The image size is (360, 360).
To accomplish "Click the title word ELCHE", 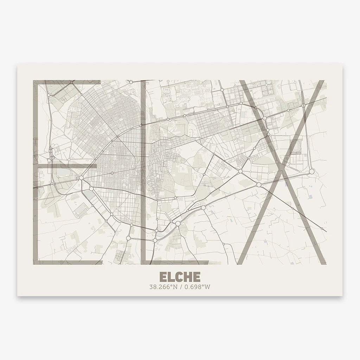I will click(x=180, y=277).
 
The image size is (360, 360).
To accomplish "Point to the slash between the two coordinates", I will click(x=180, y=287).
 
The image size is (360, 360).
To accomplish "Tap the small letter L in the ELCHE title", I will click(x=172, y=277).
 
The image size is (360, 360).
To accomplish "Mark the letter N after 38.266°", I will click(x=174, y=287).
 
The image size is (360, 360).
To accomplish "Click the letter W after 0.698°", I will click(x=208, y=287).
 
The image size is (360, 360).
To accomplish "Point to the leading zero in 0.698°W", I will click(x=186, y=287).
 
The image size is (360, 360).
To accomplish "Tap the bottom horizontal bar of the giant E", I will click(x=67, y=262).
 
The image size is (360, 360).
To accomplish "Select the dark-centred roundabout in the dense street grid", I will click(x=112, y=173).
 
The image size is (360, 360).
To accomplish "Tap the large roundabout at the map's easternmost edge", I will click(x=311, y=172).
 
